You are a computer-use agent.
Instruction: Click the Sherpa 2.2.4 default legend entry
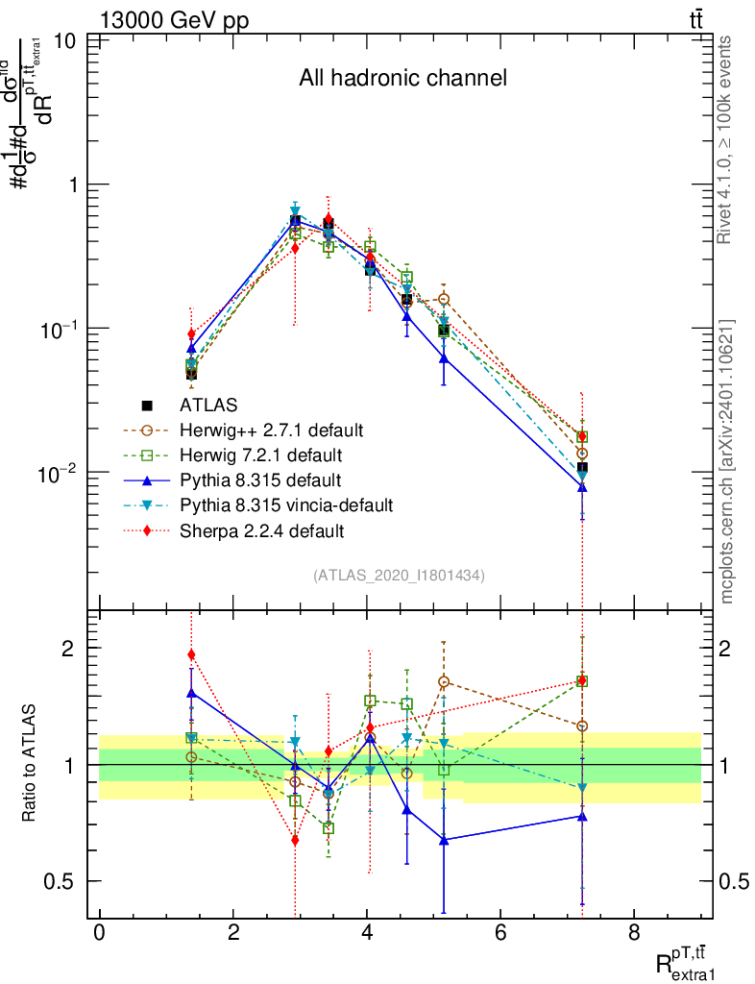[x=255, y=529]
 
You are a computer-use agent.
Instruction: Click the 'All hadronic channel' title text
[x=402, y=79]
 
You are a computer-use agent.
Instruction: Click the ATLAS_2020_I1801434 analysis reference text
[x=399, y=576]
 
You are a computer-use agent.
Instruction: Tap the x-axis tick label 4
[x=368, y=932]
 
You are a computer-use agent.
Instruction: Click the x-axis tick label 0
[x=99, y=932]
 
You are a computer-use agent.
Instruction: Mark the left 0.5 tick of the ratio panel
[x=61, y=881]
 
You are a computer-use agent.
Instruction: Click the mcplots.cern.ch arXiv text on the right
[x=728, y=461]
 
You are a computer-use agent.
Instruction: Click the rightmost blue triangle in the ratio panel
[x=582, y=816]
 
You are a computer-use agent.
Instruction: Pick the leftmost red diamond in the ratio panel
[x=191, y=654]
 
